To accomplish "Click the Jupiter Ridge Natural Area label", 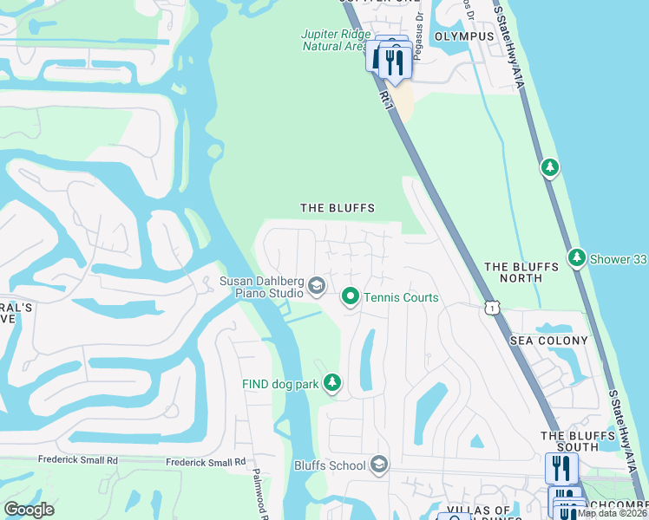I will click(333, 40).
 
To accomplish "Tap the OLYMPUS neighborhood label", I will click(463, 36).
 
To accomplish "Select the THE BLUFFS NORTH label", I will click(521, 272).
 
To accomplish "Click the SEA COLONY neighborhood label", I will click(548, 341).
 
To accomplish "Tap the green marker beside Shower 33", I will click(577, 257).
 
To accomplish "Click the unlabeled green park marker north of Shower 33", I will click(549, 166).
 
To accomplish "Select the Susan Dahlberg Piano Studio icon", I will click(318, 285).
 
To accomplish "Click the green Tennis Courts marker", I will click(350, 297).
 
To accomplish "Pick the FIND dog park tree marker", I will click(331, 382).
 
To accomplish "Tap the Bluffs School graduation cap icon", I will click(378, 465).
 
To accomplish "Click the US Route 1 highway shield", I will click(492, 308).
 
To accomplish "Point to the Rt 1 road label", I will click(387, 101).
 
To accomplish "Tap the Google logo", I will click(29, 510).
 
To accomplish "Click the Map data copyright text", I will click(612, 513).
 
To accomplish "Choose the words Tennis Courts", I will click(401, 297).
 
